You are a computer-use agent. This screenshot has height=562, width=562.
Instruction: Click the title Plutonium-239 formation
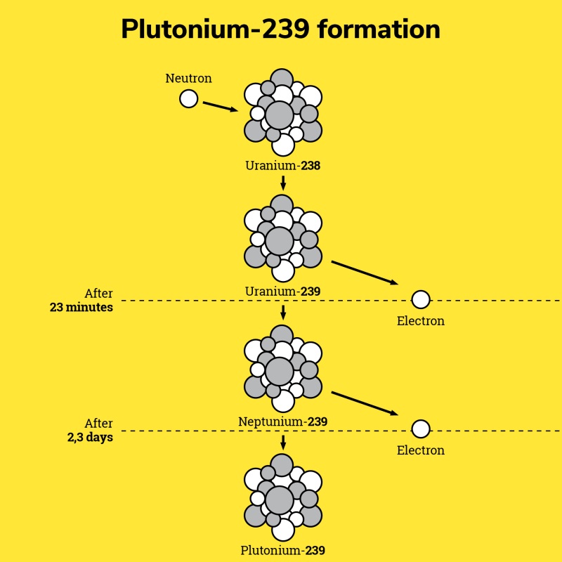pos(280,30)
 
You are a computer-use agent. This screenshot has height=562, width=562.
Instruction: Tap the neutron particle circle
pos(188,98)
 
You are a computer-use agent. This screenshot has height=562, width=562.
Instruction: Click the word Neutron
pos(188,78)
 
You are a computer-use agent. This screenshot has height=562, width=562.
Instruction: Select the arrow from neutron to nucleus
pos(220,107)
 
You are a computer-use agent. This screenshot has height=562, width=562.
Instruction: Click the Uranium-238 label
pos(282,166)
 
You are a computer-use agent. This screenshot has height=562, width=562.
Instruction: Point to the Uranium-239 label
pos(282,291)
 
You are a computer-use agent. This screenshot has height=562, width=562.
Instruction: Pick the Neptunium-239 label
pos(282,421)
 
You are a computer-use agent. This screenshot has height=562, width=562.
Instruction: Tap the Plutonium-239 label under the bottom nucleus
pos(282,551)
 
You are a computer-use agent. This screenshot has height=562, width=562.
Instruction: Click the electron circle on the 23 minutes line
pos(420,300)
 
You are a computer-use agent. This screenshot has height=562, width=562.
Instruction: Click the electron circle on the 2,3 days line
pos(420,429)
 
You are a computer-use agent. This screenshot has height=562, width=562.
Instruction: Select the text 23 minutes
pos(81,307)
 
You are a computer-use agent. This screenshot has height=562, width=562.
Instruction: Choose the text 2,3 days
pos(90,437)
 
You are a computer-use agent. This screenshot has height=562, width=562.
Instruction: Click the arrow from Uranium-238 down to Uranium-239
pos(282,183)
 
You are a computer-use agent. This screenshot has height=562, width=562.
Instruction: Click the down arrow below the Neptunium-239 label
pos(282,442)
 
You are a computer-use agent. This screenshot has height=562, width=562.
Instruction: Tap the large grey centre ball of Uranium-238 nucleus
pos(280,115)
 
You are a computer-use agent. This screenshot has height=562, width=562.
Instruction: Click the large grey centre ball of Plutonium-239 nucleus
pos(280,499)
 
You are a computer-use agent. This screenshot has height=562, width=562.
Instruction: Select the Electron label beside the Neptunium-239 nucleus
pos(420,450)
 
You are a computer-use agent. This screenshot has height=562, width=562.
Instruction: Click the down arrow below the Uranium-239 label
pos(282,312)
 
